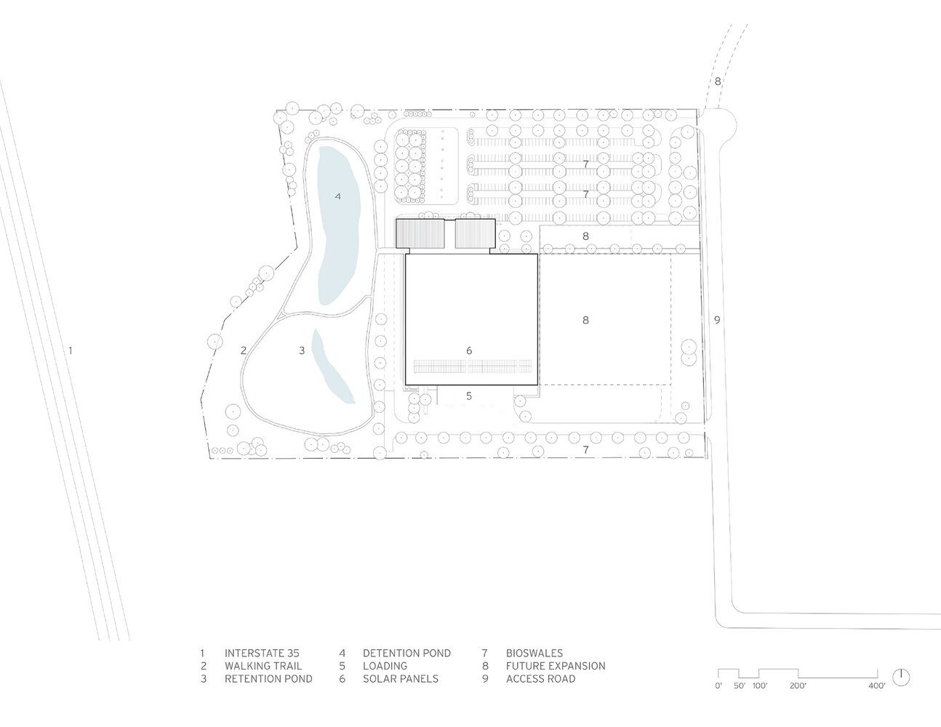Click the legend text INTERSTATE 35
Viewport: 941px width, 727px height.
[x=262, y=653]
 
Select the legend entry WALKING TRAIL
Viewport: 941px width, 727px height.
[x=263, y=666]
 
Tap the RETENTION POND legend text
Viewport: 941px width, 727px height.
[x=268, y=678]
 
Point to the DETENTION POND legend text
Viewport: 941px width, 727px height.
[x=407, y=653]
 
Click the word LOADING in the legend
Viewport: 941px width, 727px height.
[x=385, y=666]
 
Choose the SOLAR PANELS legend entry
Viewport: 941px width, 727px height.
[x=401, y=678]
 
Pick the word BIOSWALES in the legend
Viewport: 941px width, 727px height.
[x=534, y=653]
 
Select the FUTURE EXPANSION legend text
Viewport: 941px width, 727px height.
[x=556, y=666]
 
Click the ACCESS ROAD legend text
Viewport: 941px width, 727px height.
[x=540, y=678]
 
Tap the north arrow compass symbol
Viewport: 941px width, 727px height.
[x=901, y=678]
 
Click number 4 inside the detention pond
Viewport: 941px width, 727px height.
[x=337, y=196]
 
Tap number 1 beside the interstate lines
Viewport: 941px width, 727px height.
[x=71, y=350]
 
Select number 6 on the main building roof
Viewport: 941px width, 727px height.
[x=469, y=350]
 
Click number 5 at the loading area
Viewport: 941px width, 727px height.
[x=469, y=395]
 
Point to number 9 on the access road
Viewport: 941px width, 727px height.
[x=717, y=320]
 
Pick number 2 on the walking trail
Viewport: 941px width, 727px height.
[x=244, y=350]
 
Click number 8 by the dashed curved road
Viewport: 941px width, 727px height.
[x=718, y=81]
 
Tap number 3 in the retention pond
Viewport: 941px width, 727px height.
[x=302, y=350]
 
